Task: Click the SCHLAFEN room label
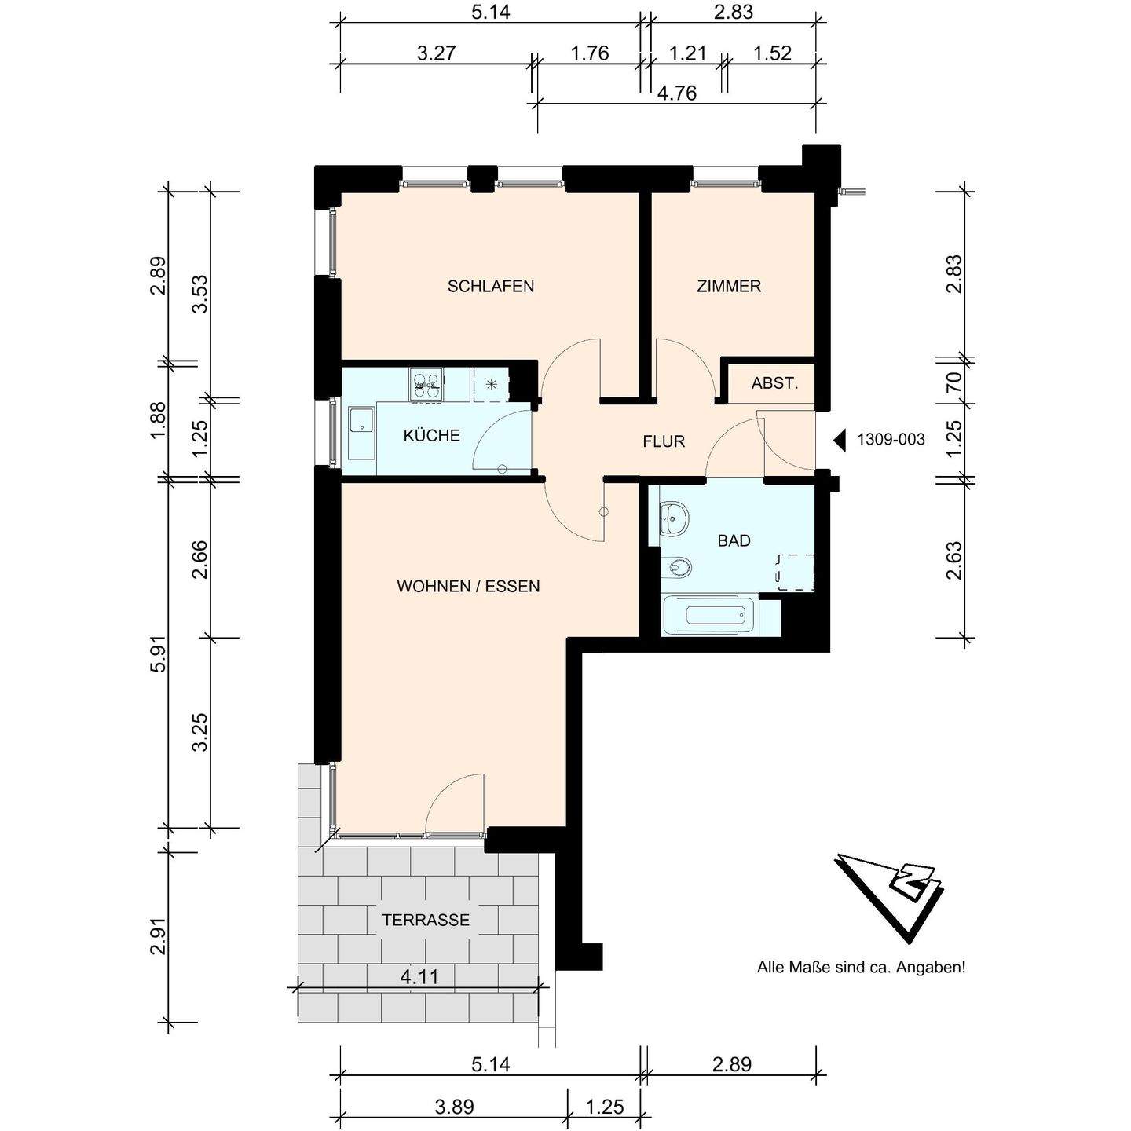pos(491,287)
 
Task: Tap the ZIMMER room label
pos(729,287)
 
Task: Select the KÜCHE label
pos(431,435)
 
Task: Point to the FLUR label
pos(664,441)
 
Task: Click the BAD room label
pos(734,540)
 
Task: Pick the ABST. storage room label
pos(774,384)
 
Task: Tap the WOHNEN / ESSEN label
pos(468,587)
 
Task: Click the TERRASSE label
pos(426,920)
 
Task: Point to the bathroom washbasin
pos(674,518)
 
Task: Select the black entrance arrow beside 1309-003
pos(840,440)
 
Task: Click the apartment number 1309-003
pos(891,439)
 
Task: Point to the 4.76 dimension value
pos(677,93)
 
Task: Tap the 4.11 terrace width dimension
pos(419,977)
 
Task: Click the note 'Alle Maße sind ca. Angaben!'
pos(861,967)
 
